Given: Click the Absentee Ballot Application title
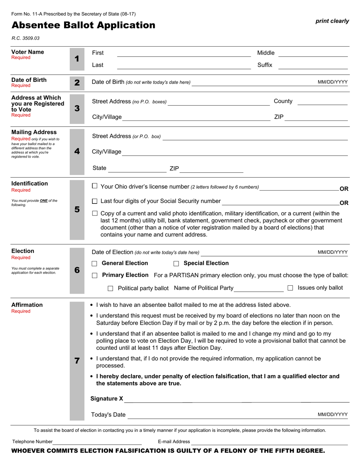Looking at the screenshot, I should click(83, 25).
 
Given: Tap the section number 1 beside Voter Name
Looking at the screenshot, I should click(77, 59).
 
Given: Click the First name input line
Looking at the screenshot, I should click(184, 53).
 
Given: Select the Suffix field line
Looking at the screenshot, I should click(313, 66).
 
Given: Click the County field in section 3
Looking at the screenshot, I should click(322, 102).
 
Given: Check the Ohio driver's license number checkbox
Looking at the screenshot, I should click(95, 186).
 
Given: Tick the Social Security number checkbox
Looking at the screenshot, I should click(95, 201).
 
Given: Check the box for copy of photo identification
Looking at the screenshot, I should click(95, 214).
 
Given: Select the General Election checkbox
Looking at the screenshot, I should click(95, 264).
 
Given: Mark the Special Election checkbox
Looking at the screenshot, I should click(176, 264).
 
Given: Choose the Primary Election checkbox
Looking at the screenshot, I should click(95, 275).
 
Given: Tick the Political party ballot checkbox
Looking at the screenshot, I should click(110, 288).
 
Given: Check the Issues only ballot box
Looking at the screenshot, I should click(290, 288).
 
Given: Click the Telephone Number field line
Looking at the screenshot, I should click(97, 442).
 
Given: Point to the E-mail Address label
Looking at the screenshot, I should click(174, 441).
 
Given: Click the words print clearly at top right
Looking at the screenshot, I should click(332, 21).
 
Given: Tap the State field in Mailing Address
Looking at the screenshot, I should click(137, 169).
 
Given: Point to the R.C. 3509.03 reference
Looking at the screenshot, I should click(25, 38).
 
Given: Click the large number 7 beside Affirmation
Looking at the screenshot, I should click(77, 361).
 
